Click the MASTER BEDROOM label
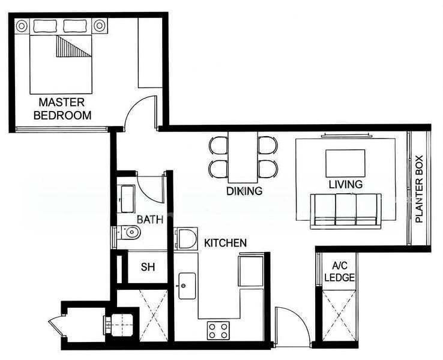[62, 109]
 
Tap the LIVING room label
[346, 184]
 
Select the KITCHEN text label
[225, 243]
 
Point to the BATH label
[150, 220]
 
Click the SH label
[148, 267]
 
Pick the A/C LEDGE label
[339, 272]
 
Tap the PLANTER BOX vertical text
[419, 189]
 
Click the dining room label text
[244, 191]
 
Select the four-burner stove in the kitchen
[218, 331]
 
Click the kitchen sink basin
[187, 286]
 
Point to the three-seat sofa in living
[346, 211]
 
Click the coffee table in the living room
[345, 163]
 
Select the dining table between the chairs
[243, 157]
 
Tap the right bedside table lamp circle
[100, 26]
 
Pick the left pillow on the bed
[45, 26]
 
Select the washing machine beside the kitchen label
[186, 239]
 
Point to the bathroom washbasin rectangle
[127, 199]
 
